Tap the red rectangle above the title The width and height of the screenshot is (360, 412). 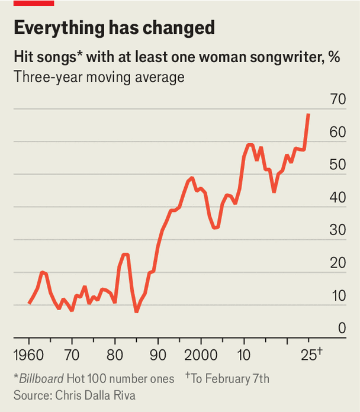(34, 3)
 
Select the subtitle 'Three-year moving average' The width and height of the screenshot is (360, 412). (99, 77)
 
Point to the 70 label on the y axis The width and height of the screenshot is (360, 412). (337, 99)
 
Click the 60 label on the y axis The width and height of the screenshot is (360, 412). (337, 132)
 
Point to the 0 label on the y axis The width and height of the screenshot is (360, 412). (342, 327)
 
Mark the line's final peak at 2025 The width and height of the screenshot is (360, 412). (308, 114)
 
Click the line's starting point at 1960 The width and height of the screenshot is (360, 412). (29, 304)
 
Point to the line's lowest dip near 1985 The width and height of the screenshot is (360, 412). (136, 311)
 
